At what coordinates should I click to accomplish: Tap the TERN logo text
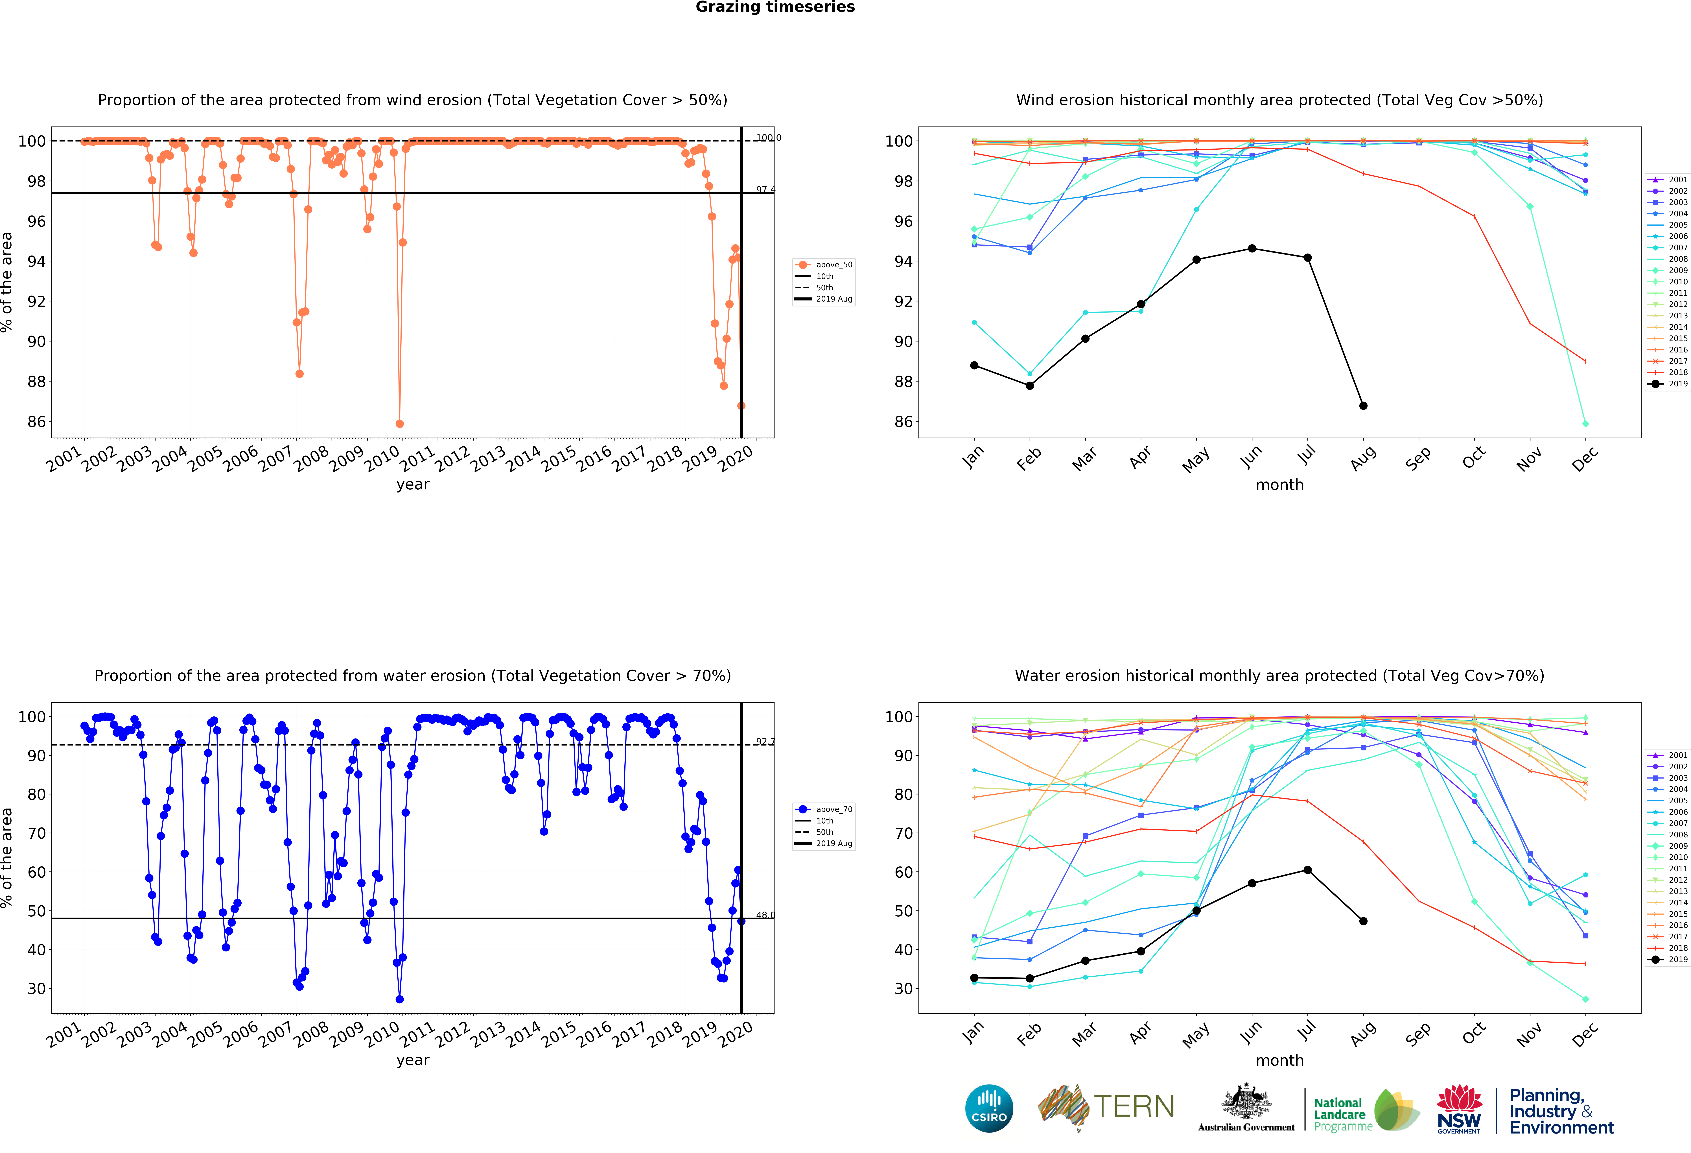(x=1134, y=1106)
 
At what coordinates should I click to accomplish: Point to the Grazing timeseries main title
(x=775, y=7)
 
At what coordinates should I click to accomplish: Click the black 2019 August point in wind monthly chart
(x=1363, y=406)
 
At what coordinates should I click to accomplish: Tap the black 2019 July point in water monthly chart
(x=1308, y=870)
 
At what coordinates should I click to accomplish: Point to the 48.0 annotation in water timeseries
(x=765, y=915)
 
